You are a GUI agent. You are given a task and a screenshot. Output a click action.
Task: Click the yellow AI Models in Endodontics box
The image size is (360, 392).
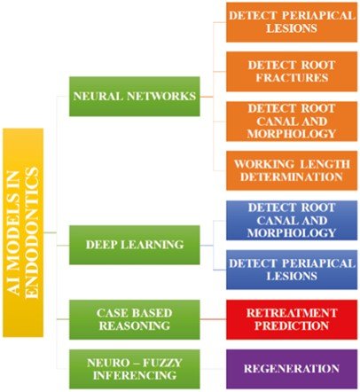[x=23, y=232]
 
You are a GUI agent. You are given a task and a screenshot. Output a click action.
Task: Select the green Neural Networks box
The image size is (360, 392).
[x=135, y=97]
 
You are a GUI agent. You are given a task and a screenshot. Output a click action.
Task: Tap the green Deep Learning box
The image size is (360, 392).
[x=135, y=245]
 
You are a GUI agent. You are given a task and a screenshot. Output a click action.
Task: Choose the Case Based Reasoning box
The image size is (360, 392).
[x=135, y=319]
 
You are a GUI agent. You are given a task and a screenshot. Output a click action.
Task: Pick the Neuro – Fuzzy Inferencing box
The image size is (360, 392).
[x=135, y=369]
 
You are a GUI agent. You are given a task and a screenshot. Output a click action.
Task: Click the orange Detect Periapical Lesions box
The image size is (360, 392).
[x=292, y=22]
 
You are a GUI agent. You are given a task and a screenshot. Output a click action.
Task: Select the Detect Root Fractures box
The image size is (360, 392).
[x=292, y=72]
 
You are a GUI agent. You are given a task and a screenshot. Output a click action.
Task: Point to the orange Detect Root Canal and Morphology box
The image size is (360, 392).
[x=292, y=122]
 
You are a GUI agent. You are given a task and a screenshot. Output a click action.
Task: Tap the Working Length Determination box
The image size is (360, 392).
[x=292, y=170]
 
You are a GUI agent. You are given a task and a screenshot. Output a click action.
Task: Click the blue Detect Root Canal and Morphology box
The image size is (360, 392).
[x=292, y=220]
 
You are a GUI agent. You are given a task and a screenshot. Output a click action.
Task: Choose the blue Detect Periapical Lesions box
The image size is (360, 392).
[x=292, y=270]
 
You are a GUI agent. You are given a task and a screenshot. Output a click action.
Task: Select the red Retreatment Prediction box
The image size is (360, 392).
[x=292, y=319]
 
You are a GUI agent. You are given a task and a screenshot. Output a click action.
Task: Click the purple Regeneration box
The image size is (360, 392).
[x=292, y=369]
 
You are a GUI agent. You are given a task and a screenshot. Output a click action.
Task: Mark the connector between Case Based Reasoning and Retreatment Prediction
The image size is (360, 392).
[x=213, y=319]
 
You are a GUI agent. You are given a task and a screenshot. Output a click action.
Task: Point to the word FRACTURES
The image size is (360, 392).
[x=292, y=78]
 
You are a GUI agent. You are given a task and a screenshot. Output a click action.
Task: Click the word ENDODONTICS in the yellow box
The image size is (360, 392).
[x=32, y=233]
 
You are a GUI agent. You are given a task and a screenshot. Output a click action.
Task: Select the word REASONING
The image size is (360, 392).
[x=135, y=325]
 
